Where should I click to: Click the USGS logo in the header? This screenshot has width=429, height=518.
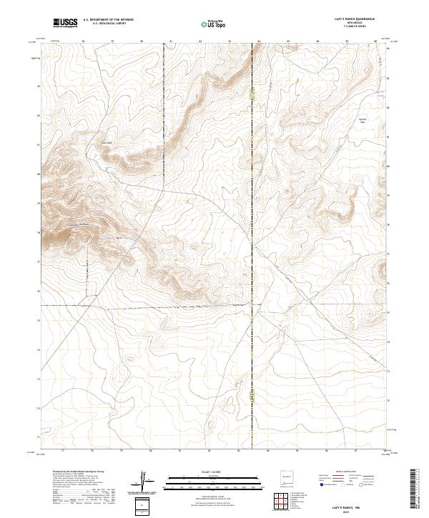point(66,22)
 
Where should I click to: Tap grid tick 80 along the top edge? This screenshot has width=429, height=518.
point(142,41)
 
